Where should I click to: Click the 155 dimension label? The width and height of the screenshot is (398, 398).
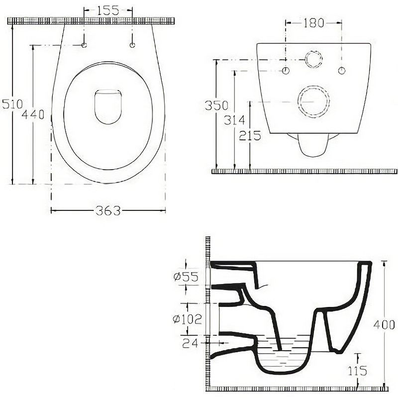[108, 10]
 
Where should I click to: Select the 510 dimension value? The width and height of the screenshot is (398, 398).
[12, 104]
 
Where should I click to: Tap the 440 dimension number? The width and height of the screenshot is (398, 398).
[33, 114]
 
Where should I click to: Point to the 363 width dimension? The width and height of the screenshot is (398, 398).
[108, 210]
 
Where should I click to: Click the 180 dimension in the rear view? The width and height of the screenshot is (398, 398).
[314, 23]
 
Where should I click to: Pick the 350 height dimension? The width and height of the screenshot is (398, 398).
[216, 105]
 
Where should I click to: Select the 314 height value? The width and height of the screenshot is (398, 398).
[234, 120]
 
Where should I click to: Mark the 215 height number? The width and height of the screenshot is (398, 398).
[250, 135]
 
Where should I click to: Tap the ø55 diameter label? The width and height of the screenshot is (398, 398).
[186, 277]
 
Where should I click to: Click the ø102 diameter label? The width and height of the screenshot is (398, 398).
[188, 319]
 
